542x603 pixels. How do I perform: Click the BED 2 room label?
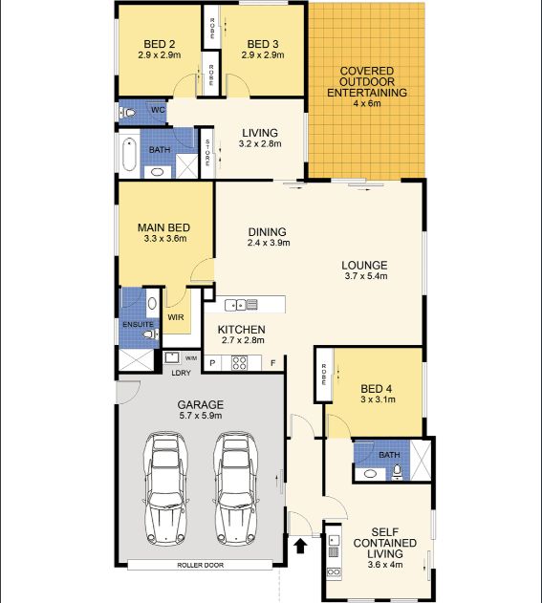160,44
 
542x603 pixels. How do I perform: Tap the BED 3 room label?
263,44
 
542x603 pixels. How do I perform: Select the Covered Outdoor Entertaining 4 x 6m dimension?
366,103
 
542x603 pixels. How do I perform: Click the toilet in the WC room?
128,113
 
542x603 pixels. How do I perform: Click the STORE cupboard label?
207,152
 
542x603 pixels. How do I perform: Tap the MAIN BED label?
163,227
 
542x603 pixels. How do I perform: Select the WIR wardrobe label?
176,317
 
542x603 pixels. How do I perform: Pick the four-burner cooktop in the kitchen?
239,363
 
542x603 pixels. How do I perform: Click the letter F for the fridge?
273,363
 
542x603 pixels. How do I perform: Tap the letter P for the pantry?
212,363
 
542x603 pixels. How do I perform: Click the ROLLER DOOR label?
200,565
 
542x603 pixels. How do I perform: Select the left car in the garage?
166,488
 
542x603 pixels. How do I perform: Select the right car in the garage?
236,488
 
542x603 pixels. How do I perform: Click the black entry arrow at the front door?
300,546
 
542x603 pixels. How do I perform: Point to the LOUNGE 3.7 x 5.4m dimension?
366,276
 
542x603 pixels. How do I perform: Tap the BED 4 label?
377,389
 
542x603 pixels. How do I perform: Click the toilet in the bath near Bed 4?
397,473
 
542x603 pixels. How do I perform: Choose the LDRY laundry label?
181,373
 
